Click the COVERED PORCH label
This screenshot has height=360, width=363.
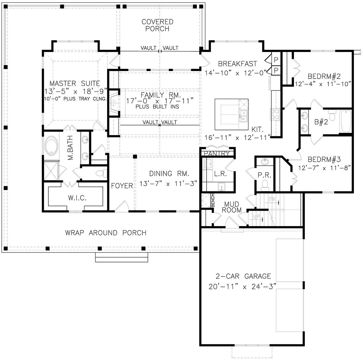point(158,25)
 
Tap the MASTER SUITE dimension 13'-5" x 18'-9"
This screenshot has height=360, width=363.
point(76,92)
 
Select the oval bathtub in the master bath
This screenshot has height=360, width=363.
point(51,145)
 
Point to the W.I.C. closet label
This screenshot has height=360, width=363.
point(77,198)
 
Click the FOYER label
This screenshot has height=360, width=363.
point(122,186)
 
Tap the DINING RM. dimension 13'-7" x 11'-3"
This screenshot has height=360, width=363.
point(168,183)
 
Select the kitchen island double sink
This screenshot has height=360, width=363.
point(243,116)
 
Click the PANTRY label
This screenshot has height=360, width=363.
point(217,154)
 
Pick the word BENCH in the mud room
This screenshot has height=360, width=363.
point(213,200)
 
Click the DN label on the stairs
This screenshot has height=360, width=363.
point(272,199)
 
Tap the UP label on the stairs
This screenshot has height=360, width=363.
point(257,217)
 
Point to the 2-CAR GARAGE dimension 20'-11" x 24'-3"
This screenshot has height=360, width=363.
point(242,287)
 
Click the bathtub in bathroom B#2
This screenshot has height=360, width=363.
point(345,121)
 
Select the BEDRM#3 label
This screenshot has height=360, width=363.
point(324,160)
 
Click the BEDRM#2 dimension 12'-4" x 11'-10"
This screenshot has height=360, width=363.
point(323,84)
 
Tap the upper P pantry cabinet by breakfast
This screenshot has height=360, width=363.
point(276,60)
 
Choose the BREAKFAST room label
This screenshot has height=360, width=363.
point(237,64)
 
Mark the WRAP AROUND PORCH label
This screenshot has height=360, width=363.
point(106,233)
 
